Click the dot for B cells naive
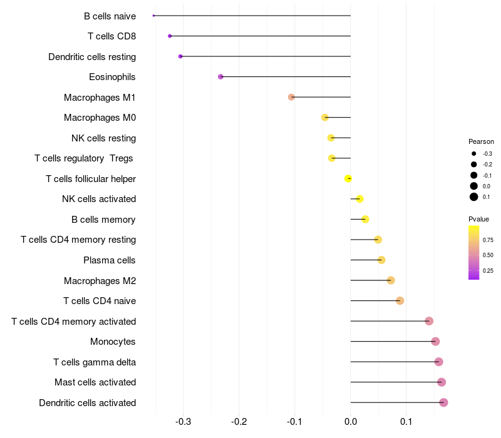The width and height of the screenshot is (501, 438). (x=153, y=16)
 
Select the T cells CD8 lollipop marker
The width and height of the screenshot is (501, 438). (x=170, y=36)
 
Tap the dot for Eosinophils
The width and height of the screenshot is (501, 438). (x=220, y=76)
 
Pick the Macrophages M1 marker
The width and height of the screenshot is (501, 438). (x=291, y=97)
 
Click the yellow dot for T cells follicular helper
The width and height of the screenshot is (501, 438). (x=348, y=178)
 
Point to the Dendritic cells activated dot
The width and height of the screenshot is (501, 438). (x=443, y=402)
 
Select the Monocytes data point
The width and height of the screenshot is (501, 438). (x=435, y=341)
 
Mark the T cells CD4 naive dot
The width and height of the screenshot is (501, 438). (x=400, y=301)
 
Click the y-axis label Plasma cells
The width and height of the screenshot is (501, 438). (x=109, y=260)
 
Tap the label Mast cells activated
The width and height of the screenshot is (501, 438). (x=95, y=382)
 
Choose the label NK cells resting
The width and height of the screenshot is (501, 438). (x=103, y=138)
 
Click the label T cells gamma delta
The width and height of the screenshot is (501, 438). (x=95, y=362)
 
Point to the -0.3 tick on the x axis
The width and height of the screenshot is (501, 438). (x=183, y=422)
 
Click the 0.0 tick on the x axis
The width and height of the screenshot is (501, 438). (x=351, y=422)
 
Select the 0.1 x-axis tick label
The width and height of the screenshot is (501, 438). (x=406, y=422)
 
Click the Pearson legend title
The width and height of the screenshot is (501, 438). (x=481, y=141)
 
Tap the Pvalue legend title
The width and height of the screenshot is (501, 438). (x=478, y=219)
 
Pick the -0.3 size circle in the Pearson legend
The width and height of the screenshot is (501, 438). (x=473, y=153)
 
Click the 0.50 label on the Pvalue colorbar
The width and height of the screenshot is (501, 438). (x=488, y=255)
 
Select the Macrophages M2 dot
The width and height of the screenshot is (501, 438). (x=391, y=280)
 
